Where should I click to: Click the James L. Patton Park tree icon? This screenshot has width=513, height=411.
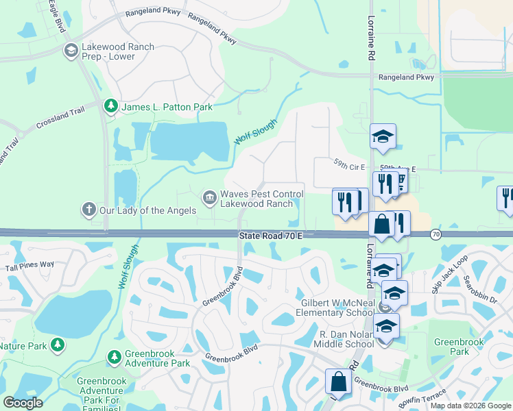point(110,106)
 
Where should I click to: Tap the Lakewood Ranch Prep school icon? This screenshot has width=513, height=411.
point(70,50)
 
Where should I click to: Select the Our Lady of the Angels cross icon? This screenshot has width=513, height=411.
point(88,210)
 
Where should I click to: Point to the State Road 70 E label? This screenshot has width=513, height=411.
point(271,236)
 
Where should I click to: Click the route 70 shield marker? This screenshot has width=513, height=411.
point(436,235)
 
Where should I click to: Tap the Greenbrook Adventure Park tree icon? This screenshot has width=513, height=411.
point(114,357)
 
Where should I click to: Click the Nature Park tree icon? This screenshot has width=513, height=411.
point(59,345)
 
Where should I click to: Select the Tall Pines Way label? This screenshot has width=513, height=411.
point(29,265)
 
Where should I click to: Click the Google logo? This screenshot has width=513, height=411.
point(23,403)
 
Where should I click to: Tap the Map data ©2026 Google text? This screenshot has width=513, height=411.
point(470,406)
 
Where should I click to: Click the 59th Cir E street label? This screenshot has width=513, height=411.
point(350,165)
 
